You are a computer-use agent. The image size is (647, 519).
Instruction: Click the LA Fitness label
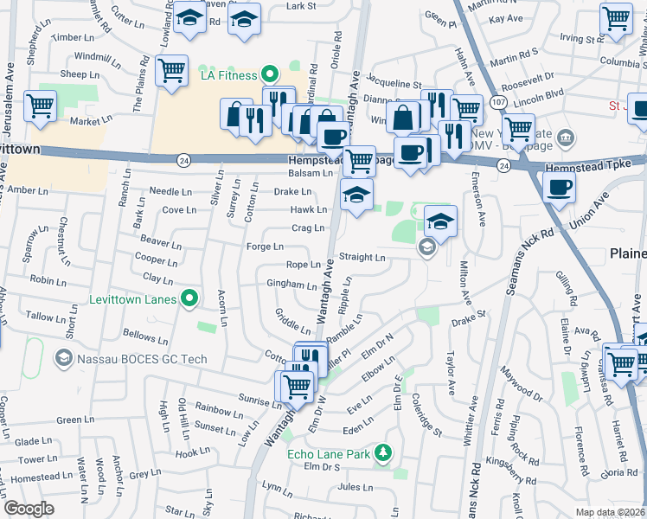(x=229, y=75)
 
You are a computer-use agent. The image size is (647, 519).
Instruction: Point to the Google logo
(x=29, y=509)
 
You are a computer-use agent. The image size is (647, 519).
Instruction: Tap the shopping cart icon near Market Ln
(x=40, y=107)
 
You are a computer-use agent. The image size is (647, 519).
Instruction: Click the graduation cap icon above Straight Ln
(x=440, y=222)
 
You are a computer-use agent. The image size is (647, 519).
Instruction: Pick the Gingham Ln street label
(x=291, y=285)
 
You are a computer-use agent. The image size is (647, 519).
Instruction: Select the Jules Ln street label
(x=355, y=487)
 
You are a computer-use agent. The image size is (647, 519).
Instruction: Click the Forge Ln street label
(x=266, y=247)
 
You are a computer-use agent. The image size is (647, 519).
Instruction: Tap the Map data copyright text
(x=610, y=512)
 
